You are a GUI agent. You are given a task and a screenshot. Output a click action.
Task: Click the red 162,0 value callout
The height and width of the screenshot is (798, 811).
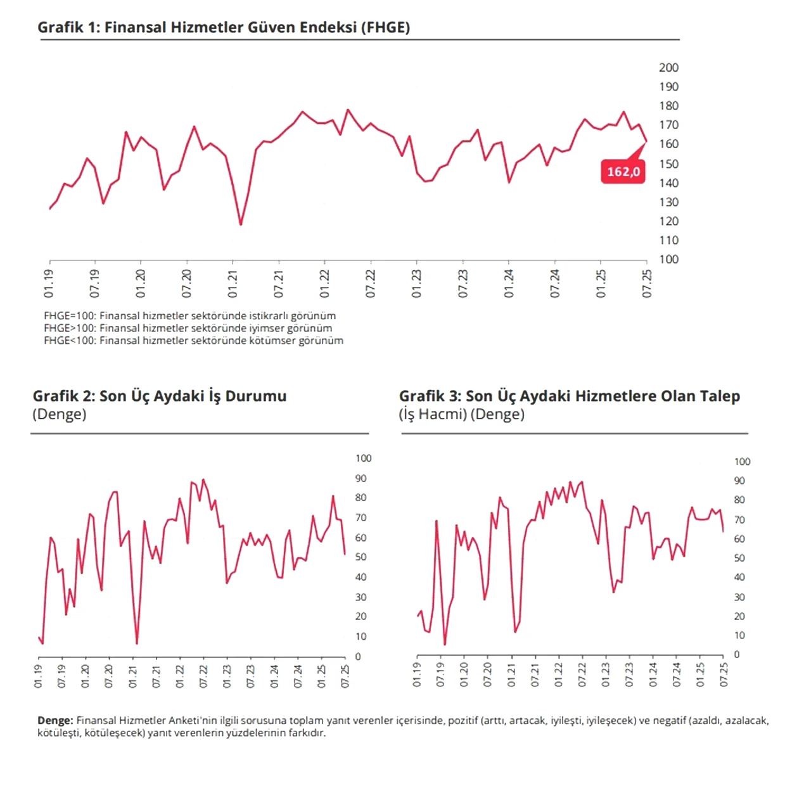coord(623,171)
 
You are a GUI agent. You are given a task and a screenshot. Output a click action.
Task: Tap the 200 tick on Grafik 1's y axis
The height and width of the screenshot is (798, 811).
coord(668,67)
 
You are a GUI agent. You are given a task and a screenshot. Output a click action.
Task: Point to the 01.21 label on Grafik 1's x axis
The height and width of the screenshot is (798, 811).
coord(233,284)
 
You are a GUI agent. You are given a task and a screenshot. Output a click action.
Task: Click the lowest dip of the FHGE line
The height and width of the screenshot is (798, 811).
coord(241,224)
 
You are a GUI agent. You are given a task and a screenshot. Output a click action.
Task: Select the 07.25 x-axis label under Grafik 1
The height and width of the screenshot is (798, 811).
coord(647,284)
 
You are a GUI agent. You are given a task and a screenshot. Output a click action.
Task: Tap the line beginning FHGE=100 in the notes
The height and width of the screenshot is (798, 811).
coord(190,315)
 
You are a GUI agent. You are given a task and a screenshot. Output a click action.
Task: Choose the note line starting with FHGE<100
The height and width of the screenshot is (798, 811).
coord(194,340)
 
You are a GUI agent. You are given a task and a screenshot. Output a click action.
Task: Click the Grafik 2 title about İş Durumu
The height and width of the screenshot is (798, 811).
coord(160,396)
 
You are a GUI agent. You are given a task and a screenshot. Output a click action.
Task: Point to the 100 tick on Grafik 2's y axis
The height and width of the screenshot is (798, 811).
coord(363,459)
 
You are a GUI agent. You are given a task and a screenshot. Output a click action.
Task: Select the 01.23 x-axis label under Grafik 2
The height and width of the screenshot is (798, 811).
coord(227,676)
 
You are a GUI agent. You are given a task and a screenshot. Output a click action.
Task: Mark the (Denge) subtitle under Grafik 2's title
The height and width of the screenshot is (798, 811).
coord(60,414)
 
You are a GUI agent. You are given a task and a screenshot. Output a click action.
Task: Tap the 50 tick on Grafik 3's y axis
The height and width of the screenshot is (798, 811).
coord(739,558)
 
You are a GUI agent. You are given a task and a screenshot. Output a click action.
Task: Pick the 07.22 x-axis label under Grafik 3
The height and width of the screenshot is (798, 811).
coord(582,676)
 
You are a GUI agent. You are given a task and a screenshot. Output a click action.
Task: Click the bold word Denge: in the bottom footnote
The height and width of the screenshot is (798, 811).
coord(55,721)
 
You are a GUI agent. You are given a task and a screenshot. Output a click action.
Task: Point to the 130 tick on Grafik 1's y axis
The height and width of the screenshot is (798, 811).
coord(668,202)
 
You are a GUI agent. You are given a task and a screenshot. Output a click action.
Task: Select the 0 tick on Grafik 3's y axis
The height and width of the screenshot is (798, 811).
coord(737,654)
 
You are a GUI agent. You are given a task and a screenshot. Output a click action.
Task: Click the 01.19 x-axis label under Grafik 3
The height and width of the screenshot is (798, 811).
coord(417,676)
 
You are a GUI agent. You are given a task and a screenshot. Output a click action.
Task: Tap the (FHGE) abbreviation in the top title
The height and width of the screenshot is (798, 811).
coord(385,27)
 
